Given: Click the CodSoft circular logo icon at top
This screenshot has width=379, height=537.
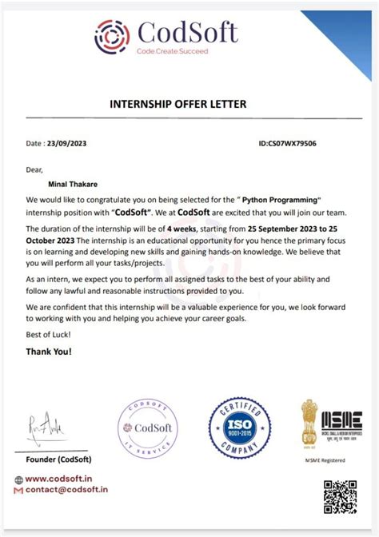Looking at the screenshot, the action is tap(113, 36).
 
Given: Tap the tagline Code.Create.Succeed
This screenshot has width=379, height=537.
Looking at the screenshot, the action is tap(172, 51).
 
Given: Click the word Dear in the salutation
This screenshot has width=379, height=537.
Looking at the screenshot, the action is tap(34, 169).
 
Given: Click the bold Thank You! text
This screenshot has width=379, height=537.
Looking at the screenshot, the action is tap(49, 352).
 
